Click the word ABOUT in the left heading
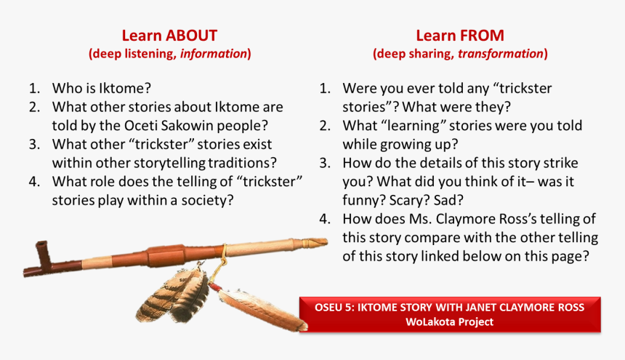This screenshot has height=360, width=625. pos(191,36)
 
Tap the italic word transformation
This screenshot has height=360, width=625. pos(500,54)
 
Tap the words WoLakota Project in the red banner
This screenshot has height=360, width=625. pos(450,321)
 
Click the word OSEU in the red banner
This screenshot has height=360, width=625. pos(331,307)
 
